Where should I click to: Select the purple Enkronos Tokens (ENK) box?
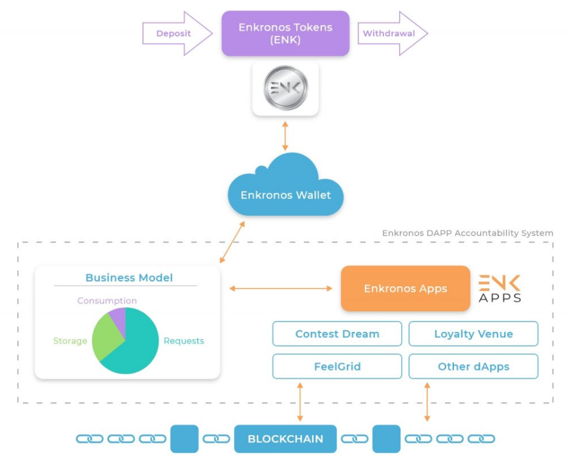coord(285,33)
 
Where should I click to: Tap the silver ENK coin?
coord(285,88)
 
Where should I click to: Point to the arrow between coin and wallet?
coord(285,136)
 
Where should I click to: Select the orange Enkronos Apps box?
coord(405,289)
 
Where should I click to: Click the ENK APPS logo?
coord(500,289)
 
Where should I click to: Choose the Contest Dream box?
coord(337,334)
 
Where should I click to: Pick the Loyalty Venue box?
coord(473,334)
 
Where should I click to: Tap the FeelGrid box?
coord(337,366)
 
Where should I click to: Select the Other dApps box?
coord(473,366)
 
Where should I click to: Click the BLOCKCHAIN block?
coord(285,439)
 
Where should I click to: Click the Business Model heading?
coord(129,278)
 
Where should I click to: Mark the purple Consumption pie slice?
coord(118,315)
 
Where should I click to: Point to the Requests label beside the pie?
coord(184,341)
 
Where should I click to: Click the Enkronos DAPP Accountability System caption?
coord(467,233)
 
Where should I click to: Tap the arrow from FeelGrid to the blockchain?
coord(300,402)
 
